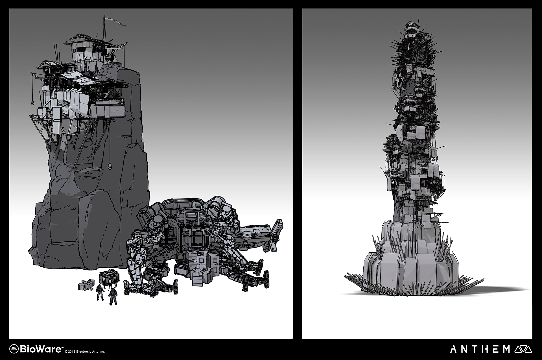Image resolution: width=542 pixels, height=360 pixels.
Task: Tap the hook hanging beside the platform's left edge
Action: tap(33, 102)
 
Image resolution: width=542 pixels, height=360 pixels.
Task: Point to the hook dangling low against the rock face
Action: tap(110, 166)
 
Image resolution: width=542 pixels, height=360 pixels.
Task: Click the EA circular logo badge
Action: tap(14, 349)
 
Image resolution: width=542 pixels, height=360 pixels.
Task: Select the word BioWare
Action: tap(40, 349)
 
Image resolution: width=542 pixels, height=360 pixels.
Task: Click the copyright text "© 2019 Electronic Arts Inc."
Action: tap(85, 352)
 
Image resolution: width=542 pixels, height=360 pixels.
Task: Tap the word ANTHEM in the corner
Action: tap(480, 349)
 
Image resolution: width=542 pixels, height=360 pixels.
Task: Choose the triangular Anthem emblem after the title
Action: tap(523, 349)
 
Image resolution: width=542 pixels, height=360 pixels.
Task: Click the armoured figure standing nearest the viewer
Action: tap(113, 296)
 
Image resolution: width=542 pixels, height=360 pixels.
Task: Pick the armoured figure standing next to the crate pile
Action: tap(100, 293)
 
